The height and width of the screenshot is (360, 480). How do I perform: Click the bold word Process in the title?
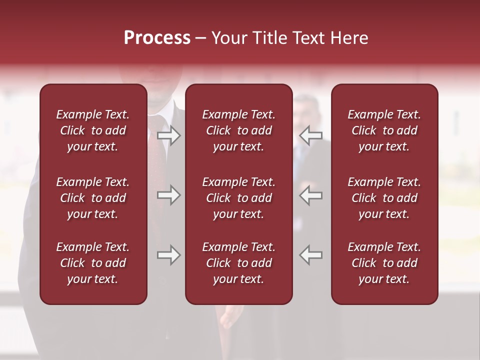coord(157,38)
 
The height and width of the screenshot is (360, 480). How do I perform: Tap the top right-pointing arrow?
coord(169,135)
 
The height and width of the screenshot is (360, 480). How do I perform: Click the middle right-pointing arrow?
coord(169,195)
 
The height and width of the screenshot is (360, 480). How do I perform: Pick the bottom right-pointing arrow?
coord(169,255)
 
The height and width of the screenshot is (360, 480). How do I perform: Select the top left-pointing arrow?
coord(311,135)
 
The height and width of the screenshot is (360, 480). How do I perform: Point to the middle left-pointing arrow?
coord(311,195)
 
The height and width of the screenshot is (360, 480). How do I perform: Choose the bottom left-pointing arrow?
coord(311,255)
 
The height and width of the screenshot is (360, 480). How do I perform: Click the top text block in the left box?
coord(93,130)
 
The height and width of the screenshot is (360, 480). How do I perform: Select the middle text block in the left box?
coord(93,198)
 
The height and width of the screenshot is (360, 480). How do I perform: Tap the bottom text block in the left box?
coord(93,263)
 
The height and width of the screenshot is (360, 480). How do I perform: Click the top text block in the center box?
coord(238,130)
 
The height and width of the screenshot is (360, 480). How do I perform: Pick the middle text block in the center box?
coord(238,198)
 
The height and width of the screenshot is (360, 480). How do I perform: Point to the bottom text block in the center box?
coord(238,263)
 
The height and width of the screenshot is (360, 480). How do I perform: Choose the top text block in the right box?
coord(384,130)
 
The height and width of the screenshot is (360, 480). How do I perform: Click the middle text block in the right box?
coord(384,198)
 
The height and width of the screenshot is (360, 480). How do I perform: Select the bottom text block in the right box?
coord(384,263)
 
